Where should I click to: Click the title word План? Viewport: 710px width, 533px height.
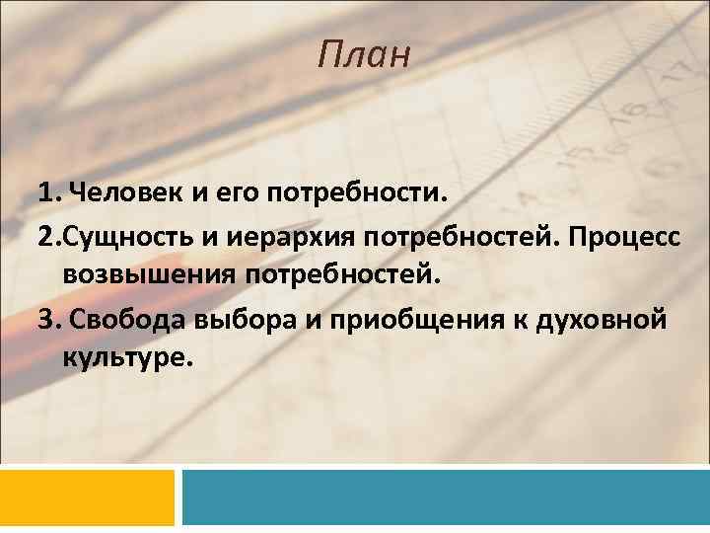(x=362, y=55)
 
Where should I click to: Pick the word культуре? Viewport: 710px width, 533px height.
(x=122, y=355)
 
